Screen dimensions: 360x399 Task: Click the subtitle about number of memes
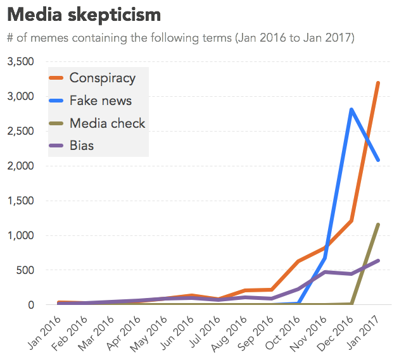[x=180, y=38]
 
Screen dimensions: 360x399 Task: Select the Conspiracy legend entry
[x=102, y=78]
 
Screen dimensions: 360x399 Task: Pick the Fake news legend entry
[x=100, y=101]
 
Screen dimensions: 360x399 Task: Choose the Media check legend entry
[x=107, y=123]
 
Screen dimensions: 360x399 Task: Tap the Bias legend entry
[x=81, y=146]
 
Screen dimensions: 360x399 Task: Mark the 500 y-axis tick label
[x=28, y=270]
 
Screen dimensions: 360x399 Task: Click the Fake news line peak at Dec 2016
[x=351, y=109]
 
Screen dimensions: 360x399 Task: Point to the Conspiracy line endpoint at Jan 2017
[x=378, y=83]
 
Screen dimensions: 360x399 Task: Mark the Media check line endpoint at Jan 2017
[x=378, y=224]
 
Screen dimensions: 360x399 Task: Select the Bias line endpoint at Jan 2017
[x=378, y=261]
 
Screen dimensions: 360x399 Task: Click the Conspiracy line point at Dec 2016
[x=351, y=221]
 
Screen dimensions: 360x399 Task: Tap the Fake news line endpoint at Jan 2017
[x=378, y=160]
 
